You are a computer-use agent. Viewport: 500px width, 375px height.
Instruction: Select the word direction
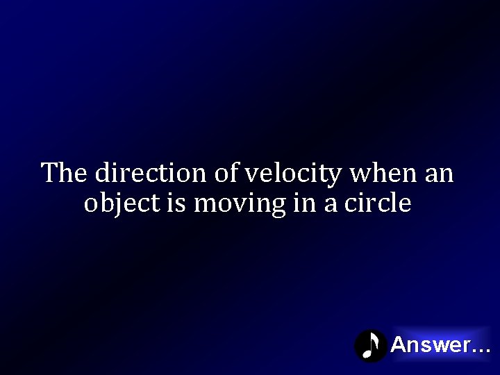coord(151,173)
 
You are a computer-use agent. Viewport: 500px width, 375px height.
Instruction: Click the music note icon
coord(371,345)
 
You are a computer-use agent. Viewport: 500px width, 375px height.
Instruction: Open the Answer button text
coord(430,344)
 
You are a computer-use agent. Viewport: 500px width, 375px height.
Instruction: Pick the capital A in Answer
coord(399,344)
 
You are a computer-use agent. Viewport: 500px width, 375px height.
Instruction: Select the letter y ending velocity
coord(335,176)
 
